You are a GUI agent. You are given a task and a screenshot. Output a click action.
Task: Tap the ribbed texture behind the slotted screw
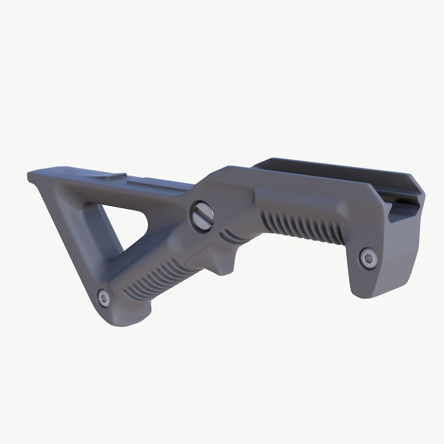[x=303, y=229]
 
